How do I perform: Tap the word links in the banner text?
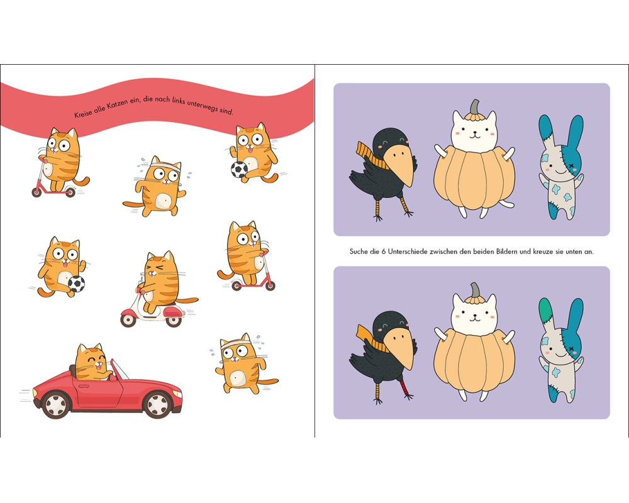179,100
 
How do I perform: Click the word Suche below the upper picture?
359,251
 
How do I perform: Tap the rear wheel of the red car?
56,404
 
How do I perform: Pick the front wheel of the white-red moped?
128,319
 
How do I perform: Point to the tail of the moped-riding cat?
187,301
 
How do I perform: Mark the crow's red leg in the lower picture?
404,388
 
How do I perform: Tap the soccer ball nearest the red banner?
239,169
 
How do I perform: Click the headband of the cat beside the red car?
235,344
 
